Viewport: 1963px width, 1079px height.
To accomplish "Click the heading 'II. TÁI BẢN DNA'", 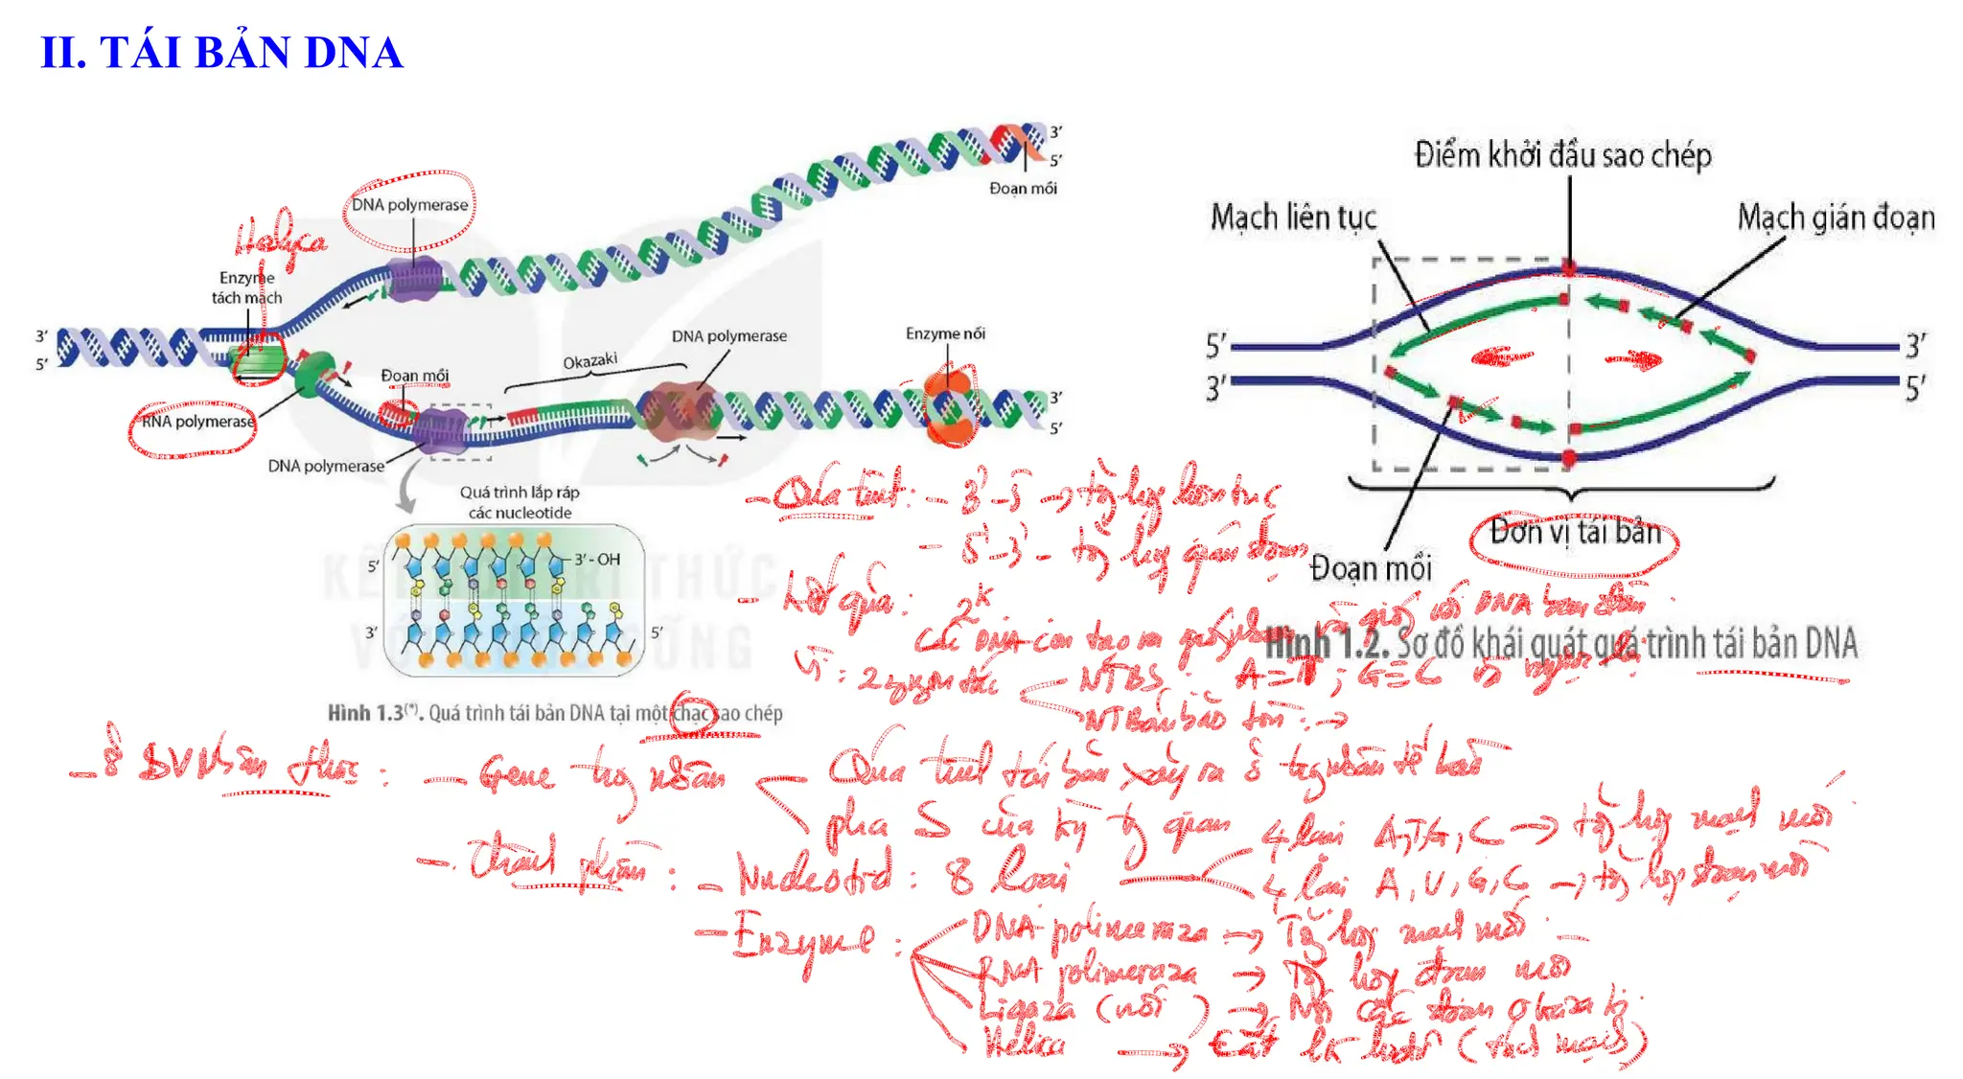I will [x=221, y=53].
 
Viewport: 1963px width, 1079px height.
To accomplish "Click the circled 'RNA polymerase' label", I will [x=197, y=422].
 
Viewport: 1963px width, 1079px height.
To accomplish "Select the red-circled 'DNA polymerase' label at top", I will [x=409, y=205].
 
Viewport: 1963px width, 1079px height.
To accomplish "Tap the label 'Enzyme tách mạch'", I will [x=246, y=287].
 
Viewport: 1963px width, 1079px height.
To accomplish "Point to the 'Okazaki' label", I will [x=589, y=361].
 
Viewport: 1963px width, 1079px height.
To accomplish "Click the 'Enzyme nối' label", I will [x=945, y=333].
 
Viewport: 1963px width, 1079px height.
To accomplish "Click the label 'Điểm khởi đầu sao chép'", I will [x=1562, y=155].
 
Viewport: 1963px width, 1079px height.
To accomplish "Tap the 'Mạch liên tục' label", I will [x=1293, y=218].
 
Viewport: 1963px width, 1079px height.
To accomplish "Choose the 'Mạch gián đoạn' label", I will [x=1836, y=218].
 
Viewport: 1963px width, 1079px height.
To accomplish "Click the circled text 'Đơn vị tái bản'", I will [x=1575, y=532].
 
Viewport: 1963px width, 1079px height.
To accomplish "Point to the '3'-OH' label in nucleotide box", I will [x=597, y=560].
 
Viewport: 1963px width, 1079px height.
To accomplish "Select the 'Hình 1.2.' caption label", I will [x=1327, y=643].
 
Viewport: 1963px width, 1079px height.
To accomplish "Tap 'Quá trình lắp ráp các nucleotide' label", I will [x=520, y=502].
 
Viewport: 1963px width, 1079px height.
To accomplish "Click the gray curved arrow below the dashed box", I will [x=408, y=489].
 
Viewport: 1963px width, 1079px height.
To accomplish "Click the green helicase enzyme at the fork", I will [x=259, y=360].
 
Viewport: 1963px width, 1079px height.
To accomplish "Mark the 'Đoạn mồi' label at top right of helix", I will [x=1023, y=189].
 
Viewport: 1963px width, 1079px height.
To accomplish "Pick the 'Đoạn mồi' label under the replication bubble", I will [x=1370, y=568].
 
